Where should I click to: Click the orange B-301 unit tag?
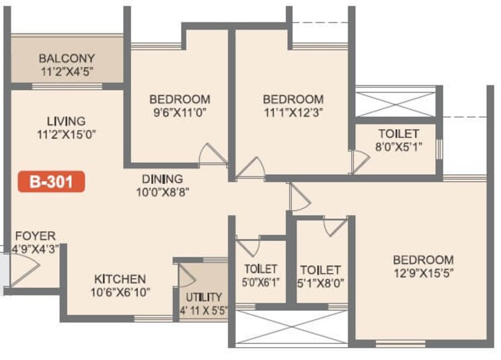pos(51,181)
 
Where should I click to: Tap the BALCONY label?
pos(67,58)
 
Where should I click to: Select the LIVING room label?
pos(67,121)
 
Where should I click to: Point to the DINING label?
pos(162,179)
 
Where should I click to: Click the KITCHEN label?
pos(120,279)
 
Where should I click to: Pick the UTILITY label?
pos(204,297)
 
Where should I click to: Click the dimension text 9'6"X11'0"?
pos(180,112)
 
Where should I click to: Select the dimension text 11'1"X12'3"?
pos(293,112)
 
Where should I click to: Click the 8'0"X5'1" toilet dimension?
pos(398,147)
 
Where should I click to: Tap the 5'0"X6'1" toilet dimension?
pos(261,283)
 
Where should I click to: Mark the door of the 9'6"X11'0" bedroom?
pos(214,156)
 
